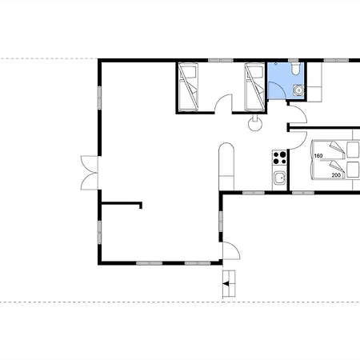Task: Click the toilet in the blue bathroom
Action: coord(295,68)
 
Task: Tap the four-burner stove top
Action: coord(279,158)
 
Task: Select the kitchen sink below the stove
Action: coord(279,178)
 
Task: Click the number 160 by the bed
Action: coord(318,156)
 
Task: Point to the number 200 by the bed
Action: coord(336,175)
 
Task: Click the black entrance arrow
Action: coord(226,284)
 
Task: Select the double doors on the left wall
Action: coord(90,173)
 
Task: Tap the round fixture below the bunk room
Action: coord(255,123)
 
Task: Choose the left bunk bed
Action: coord(188,87)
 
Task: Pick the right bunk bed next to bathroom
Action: coord(254,87)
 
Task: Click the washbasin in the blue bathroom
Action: coord(299,90)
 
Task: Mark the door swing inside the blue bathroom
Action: coord(276,90)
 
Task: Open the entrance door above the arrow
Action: coord(231,250)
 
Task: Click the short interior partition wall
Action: coord(122,204)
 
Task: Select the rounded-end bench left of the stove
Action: coord(226,166)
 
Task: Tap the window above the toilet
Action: coord(294,61)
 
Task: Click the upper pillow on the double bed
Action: coord(353,150)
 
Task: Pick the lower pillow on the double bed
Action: coord(353,170)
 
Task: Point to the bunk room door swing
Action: coord(223,103)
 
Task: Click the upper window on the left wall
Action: coord(99,98)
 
